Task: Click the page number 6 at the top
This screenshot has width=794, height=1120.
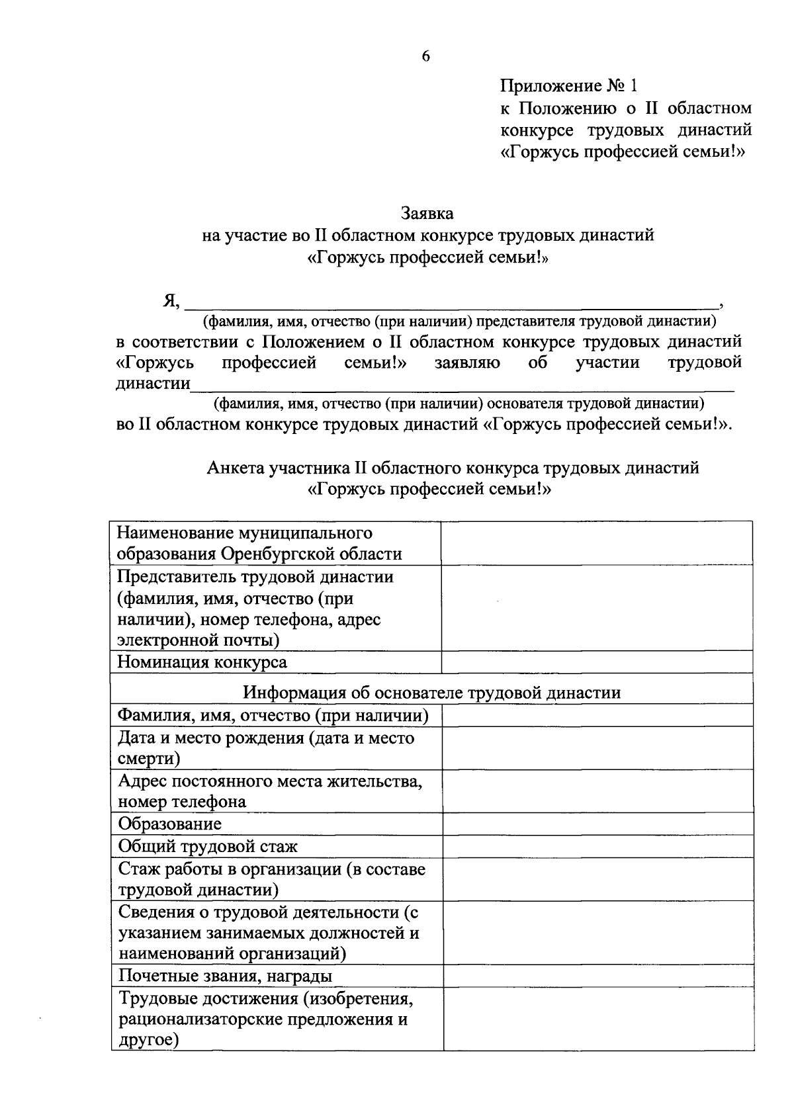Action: coord(425,57)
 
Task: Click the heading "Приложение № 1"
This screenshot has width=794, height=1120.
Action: coord(568,86)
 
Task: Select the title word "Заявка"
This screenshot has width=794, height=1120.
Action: coord(427,214)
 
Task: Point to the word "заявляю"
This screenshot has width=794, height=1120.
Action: coord(467,363)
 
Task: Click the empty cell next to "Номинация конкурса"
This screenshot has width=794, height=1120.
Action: coord(596,662)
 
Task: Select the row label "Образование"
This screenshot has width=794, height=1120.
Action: coord(170,824)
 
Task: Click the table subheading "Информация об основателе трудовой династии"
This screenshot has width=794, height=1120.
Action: coord(431,693)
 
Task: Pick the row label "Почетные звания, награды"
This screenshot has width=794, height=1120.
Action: coord(225,976)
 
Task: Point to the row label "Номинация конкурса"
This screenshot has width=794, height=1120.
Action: coord(202,662)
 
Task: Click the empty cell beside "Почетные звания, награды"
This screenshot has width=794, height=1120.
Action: coord(597,976)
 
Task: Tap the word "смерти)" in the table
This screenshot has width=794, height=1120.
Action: coord(150,759)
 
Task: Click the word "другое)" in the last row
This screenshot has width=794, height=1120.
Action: coord(150,1040)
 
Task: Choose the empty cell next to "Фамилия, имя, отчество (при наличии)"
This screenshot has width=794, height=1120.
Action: coord(597,715)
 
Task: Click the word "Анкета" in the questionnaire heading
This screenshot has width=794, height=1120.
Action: coord(236,468)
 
